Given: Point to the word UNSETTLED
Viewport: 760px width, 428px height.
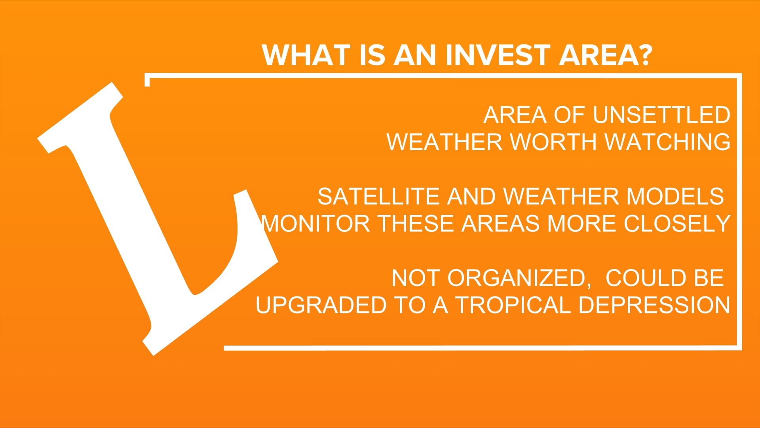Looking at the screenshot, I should [661, 115].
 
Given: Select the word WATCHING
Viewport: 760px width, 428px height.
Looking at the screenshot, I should [668, 142].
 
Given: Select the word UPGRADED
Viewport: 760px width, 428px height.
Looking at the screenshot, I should [321, 305].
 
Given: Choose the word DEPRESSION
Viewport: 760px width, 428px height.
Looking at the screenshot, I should [654, 305].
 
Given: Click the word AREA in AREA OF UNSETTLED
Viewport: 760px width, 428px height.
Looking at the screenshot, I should [515, 115].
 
